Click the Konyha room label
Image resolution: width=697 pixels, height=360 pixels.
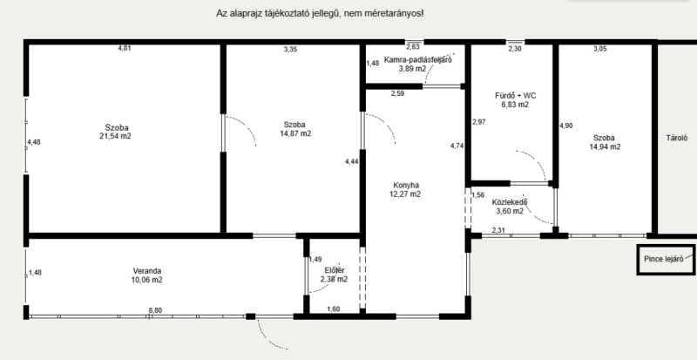tap(406, 185)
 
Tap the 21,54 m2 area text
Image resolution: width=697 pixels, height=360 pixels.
tap(116, 136)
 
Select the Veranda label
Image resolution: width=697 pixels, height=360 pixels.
tap(147, 271)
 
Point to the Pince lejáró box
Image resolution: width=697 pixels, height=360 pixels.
tap(667, 260)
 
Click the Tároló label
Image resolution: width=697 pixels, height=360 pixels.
tap(677, 138)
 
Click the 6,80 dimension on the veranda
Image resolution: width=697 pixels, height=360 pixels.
tap(155, 310)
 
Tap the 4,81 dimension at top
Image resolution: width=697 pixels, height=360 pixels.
tap(125, 48)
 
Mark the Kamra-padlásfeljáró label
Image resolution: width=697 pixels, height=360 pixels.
tap(418, 60)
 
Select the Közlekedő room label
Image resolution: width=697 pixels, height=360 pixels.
tap(510, 202)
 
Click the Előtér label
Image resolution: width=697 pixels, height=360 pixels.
tap(335, 270)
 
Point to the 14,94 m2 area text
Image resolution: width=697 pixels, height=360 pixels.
tap(605, 146)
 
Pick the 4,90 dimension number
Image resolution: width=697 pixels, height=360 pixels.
tap(565, 126)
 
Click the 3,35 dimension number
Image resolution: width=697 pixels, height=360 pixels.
tap(290, 50)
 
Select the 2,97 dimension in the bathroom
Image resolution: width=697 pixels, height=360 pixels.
tap(478, 121)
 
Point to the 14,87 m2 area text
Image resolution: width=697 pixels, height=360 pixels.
tap(295, 133)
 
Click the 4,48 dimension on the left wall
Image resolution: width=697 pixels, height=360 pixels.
tap(34, 142)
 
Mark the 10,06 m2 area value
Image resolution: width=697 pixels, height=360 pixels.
tap(146, 280)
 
